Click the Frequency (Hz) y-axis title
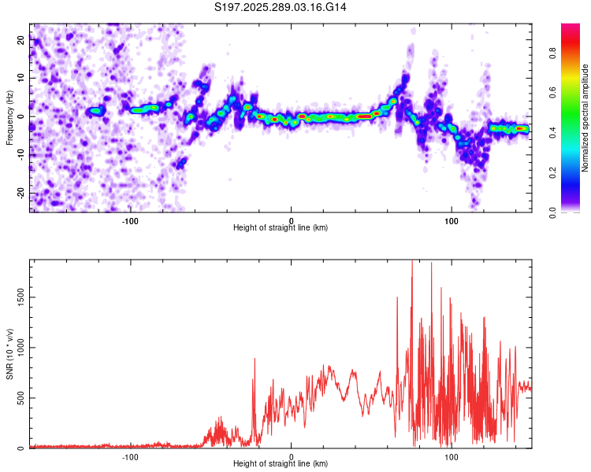[9, 117]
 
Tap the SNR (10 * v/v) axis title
[9, 354]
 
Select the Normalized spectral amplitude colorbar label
[585, 118]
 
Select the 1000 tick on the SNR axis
[17, 347]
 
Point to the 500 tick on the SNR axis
[20, 398]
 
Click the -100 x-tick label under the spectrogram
[130, 219]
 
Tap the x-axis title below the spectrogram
[281, 228]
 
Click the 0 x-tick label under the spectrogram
[291, 219]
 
